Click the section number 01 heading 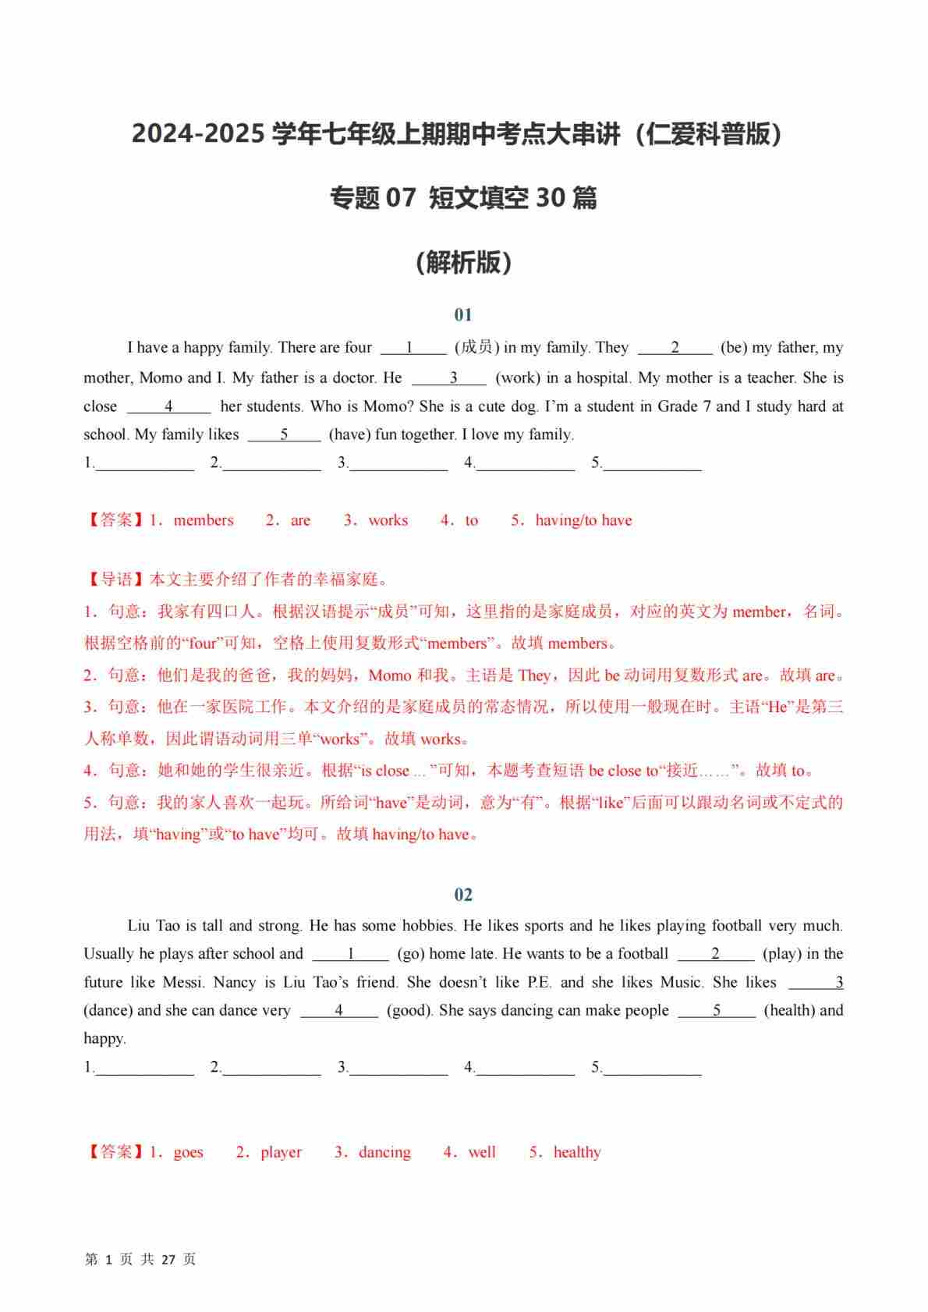coord(463,315)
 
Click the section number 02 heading coord(463,895)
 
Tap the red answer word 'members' coord(204,520)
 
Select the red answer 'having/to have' coord(583,520)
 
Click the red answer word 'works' coord(388,520)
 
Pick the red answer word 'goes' coord(188,1152)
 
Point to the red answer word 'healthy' coord(577,1152)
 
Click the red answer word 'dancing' coord(384,1152)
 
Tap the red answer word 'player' coord(281,1152)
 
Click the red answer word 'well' coord(482,1152)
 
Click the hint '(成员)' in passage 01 coord(476,348)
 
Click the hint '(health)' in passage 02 coord(789,1010)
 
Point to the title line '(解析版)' coord(463,263)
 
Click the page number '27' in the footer coord(168,1260)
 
